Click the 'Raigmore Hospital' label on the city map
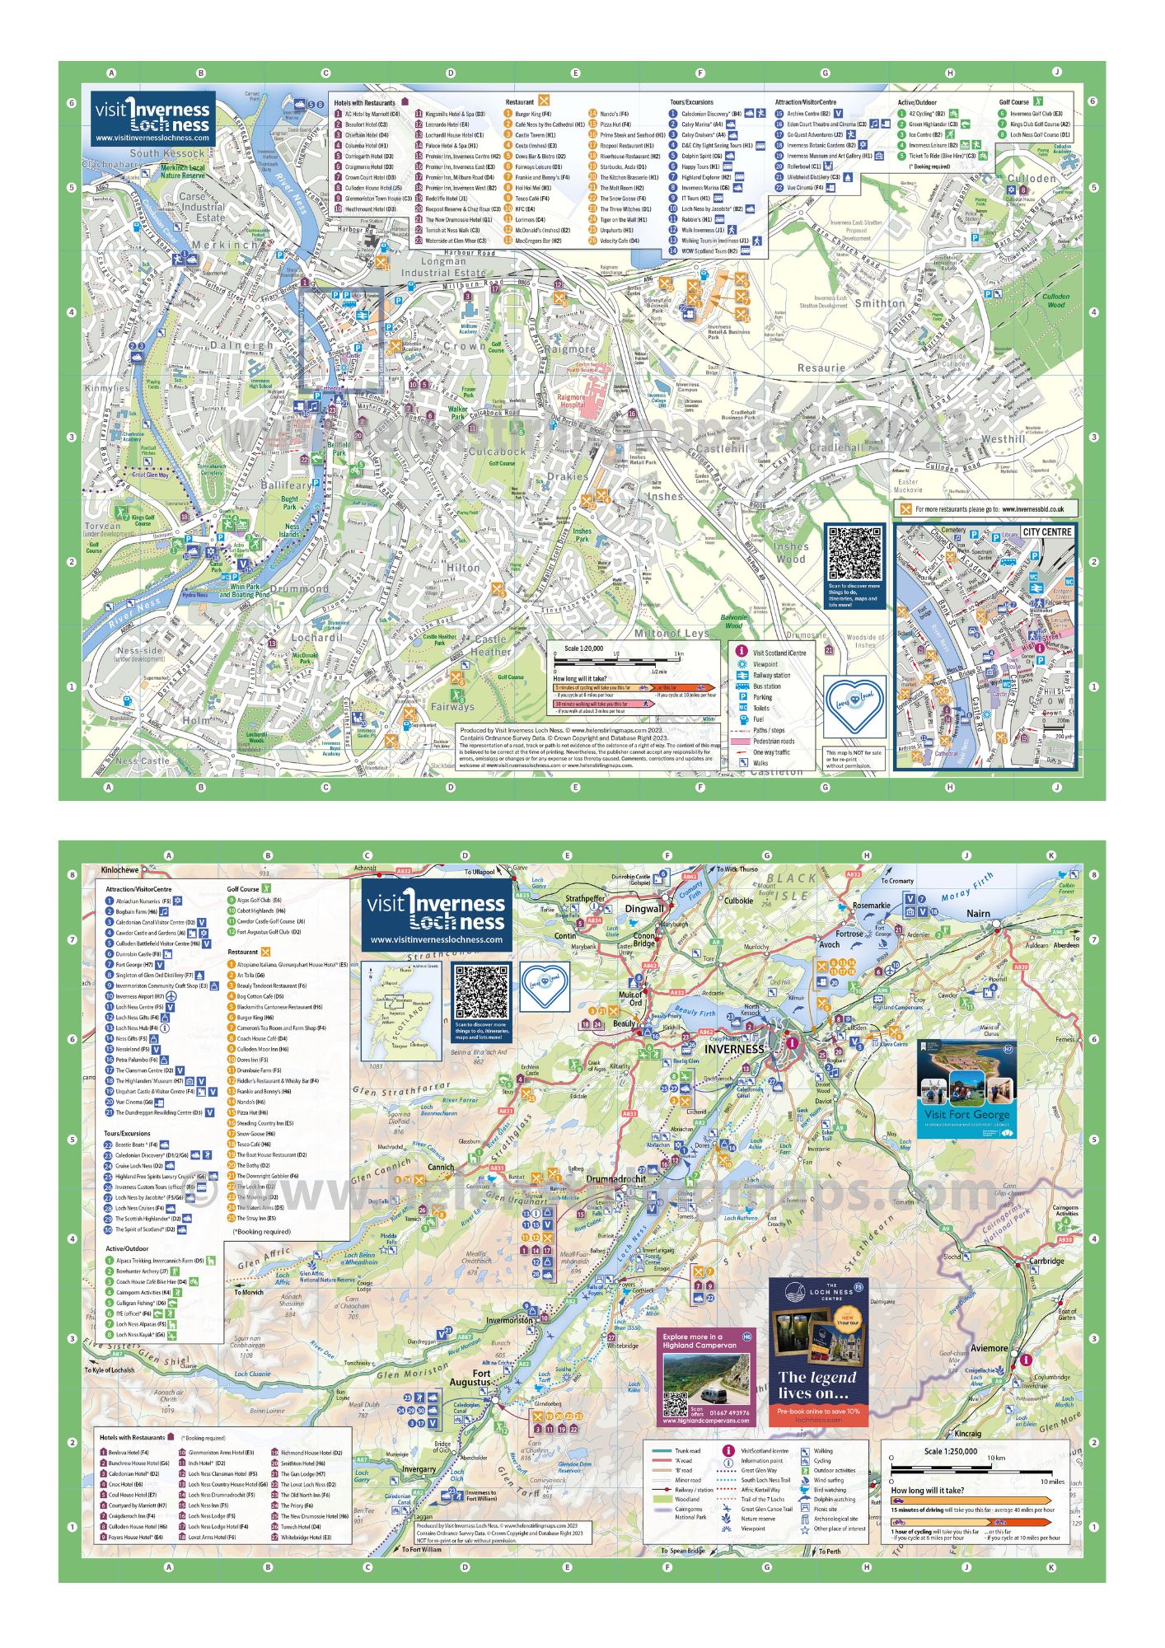(572, 400)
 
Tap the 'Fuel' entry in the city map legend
(759, 719)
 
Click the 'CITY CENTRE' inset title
(1046, 532)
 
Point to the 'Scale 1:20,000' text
(584, 649)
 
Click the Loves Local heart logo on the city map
(855, 706)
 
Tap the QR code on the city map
(855, 554)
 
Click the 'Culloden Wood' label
(1055, 300)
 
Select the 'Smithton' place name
(880, 303)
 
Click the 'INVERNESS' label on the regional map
(734, 1049)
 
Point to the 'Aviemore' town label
(988, 1348)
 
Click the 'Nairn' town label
(978, 914)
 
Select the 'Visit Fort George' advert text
(966, 1114)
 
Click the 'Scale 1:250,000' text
(950, 1451)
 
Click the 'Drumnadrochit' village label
(615, 1179)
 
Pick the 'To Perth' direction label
(830, 1551)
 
